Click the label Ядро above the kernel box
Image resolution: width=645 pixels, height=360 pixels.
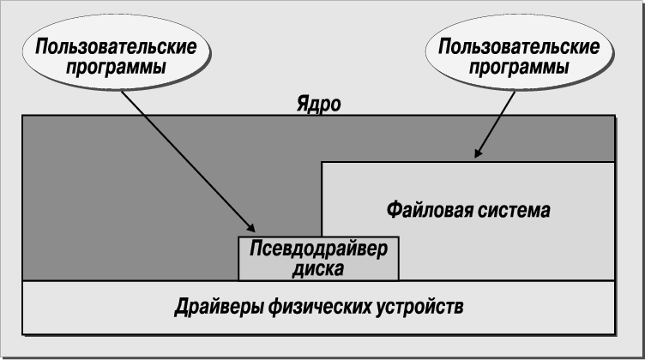pos(318,105)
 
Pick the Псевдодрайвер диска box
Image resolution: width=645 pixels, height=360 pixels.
pos(318,258)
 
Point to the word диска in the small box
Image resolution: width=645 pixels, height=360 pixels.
pos(318,267)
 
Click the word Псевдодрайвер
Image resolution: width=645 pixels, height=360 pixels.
pos(318,249)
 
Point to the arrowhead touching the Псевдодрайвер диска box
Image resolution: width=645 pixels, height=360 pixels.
pos(251,228)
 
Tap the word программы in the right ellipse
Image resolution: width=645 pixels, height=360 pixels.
pos(518,66)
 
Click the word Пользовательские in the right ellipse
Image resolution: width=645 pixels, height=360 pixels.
pos(518,45)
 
